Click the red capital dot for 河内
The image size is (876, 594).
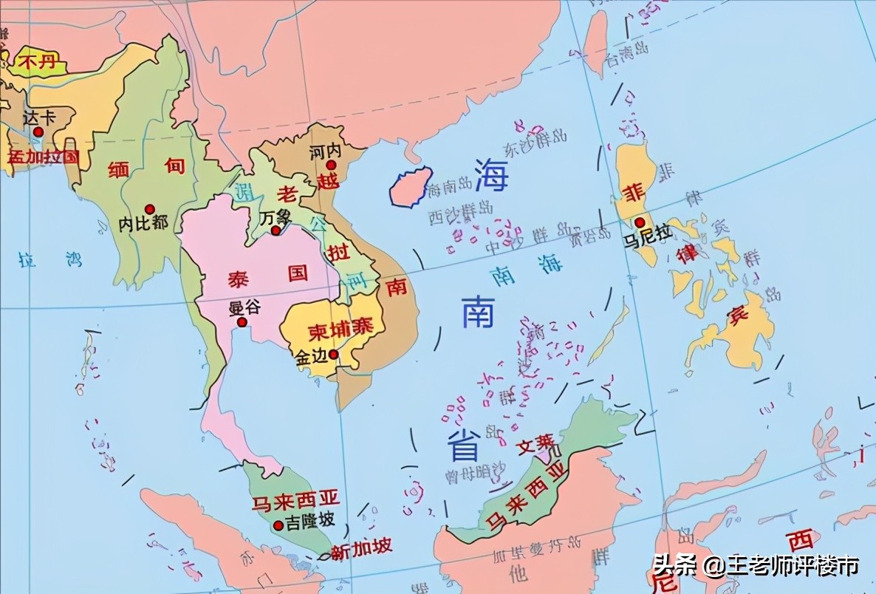(x=332, y=165)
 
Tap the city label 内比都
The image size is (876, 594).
(x=143, y=222)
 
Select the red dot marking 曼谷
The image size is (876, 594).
(x=241, y=322)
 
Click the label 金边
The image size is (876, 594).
(x=311, y=356)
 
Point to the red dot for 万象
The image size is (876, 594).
(x=275, y=231)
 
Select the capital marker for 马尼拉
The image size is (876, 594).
(x=640, y=222)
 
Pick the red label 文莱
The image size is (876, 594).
(x=535, y=444)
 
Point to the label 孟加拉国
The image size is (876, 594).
(x=42, y=156)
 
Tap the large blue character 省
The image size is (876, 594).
(x=463, y=445)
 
